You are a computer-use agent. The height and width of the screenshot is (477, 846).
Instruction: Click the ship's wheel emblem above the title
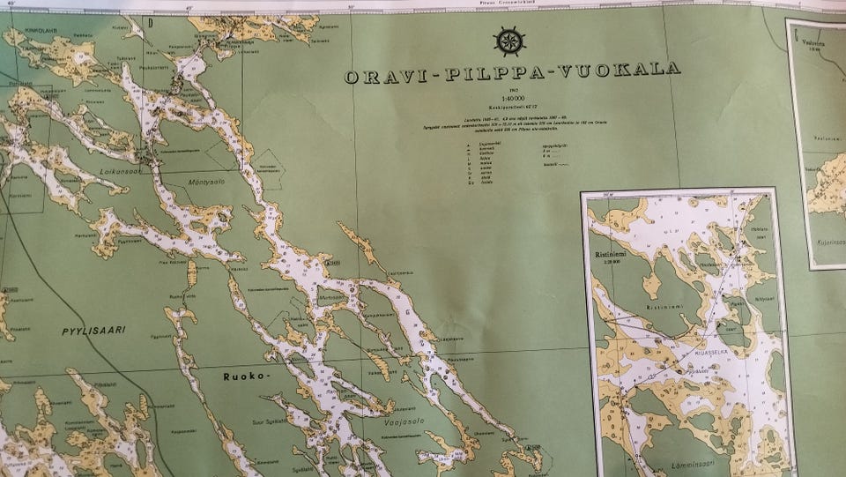click(509, 41)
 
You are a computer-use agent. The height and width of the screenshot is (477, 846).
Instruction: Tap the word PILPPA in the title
click(494, 74)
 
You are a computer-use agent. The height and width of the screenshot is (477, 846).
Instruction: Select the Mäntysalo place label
click(208, 179)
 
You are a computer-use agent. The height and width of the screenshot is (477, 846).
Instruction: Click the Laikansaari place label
click(125, 174)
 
